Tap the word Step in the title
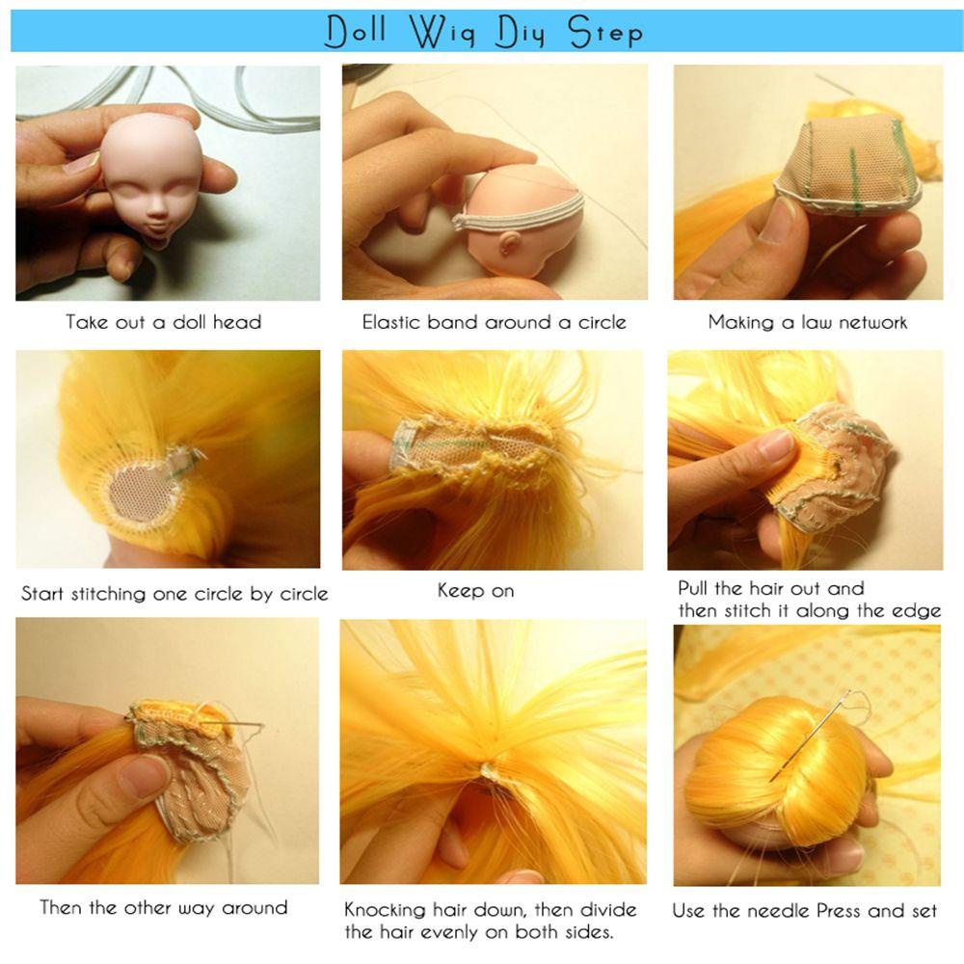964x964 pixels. coord(605,32)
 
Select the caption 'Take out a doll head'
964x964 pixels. coord(164,322)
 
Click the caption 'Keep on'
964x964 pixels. coord(476,591)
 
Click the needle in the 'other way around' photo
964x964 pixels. coord(237,723)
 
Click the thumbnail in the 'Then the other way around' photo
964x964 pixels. coord(144,776)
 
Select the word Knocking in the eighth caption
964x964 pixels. coord(385,910)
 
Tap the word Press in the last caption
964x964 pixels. coord(840,910)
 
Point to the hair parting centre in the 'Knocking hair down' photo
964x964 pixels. coord(489,769)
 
